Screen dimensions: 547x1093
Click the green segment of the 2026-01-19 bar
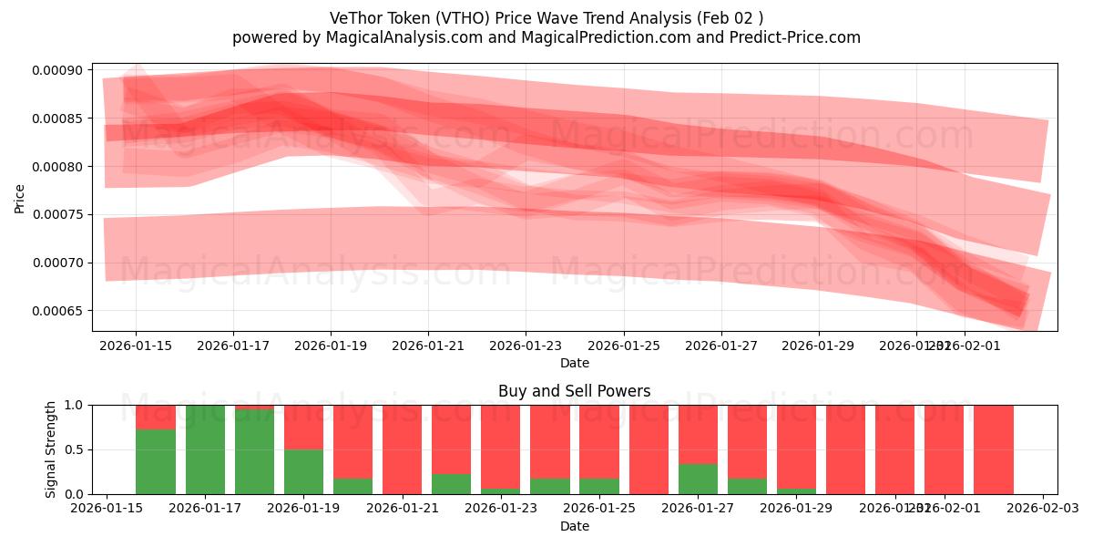[x=303, y=471]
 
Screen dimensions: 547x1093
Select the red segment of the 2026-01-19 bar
[x=303, y=427]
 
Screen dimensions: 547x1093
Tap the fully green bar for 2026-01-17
[x=205, y=449]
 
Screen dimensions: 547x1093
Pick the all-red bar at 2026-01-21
[x=402, y=449]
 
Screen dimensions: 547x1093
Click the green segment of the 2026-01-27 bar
[x=698, y=479]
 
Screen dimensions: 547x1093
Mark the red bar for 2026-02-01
[x=944, y=449]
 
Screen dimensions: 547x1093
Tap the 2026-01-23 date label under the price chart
[x=526, y=346]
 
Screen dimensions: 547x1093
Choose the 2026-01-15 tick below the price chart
[x=136, y=346]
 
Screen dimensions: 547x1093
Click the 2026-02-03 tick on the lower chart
[x=1042, y=509]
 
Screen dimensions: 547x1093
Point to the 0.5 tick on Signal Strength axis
[x=74, y=449]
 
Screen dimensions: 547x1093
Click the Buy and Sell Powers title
[x=574, y=391]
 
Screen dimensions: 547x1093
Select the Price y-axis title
[x=20, y=198]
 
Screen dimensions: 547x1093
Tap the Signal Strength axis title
[x=52, y=449]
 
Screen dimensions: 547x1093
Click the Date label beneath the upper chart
[x=574, y=363]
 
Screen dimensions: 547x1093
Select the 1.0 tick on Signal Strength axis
[x=74, y=405]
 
